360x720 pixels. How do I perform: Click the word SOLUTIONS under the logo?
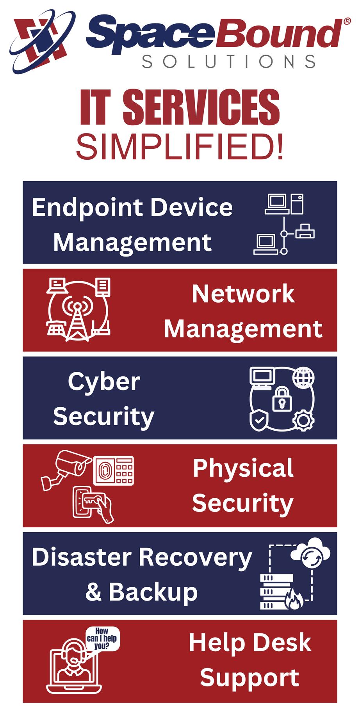229,61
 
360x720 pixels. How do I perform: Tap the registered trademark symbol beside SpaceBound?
347,22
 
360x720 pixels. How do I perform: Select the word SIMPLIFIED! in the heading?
180,147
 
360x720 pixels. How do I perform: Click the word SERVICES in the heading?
201,107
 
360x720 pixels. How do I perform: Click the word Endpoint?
88,207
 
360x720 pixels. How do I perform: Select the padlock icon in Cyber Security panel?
282,399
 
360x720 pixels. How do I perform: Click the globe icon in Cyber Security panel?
303,378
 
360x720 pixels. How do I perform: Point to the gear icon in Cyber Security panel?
303,420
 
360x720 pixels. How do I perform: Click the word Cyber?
104,381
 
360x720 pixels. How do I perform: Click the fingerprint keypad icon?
113,470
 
